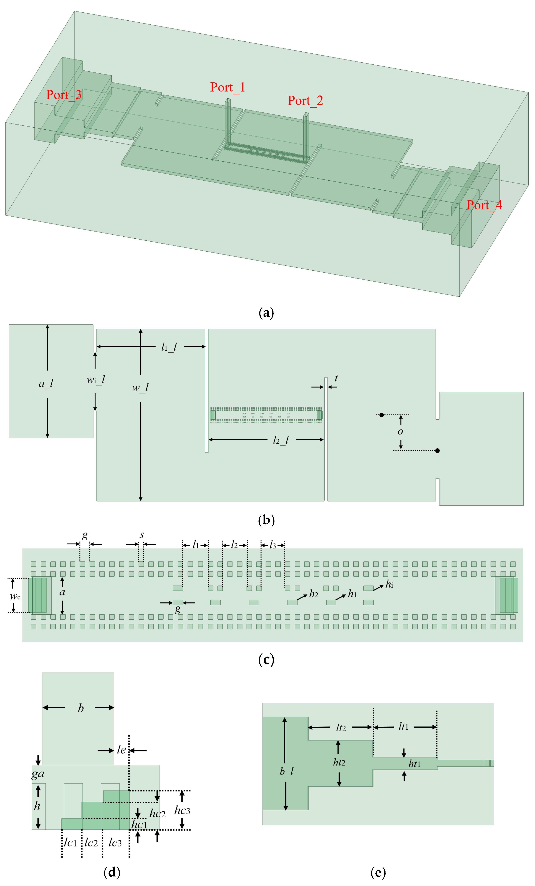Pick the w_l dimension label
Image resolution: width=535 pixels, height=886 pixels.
(x=140, y=388)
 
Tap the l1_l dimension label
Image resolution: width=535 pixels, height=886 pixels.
(x=169, y=347)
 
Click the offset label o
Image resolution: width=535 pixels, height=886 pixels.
(x=400, y=432)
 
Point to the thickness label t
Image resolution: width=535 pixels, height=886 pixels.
(x=336, y=378)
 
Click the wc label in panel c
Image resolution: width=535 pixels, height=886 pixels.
(x=15, y=597)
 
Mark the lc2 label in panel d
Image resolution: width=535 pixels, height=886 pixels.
(x=91, y=842)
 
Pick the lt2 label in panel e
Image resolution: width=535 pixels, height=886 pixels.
(x=341, y=728)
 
